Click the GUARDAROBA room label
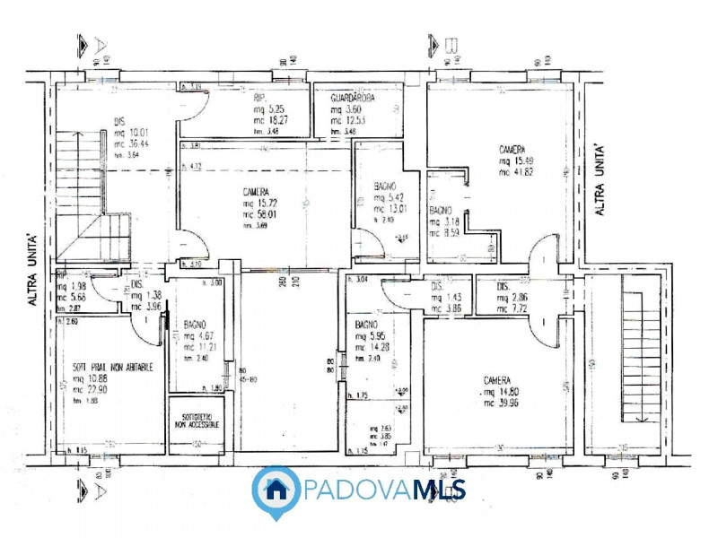point(353,96)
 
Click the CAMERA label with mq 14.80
point(499,380)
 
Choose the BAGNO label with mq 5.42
point(388,187)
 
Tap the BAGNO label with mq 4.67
point(197,325)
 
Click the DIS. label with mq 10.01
point(118,123)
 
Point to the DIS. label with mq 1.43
point(437,287)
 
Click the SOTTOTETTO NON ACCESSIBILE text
point(196,421)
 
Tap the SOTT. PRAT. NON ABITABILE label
point(112,368)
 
